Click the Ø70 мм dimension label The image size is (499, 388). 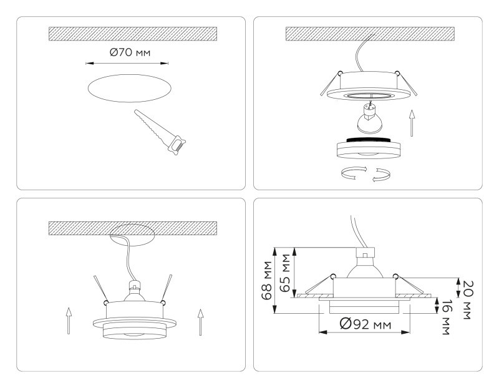(130, 53)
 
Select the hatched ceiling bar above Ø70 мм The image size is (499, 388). (132, 34)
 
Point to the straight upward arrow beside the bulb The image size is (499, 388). (411, 122)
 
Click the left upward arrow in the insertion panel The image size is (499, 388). (69, 321)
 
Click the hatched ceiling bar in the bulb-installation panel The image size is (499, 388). (369, 34)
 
